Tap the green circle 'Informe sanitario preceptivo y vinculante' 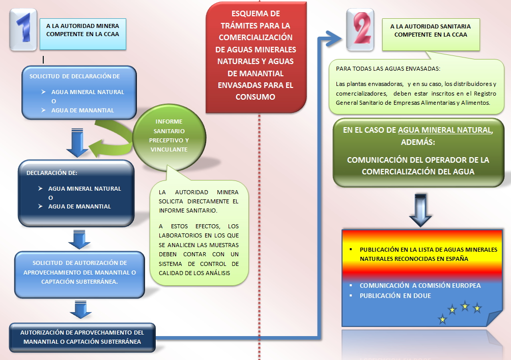[169, 135]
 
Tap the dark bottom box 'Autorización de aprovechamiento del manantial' [82, 337]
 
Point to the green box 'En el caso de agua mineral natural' [418, 151]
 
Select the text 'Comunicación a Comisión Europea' [420, 285]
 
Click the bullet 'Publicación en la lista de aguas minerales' [428, 254]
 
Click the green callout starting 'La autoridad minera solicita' [198, 231]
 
